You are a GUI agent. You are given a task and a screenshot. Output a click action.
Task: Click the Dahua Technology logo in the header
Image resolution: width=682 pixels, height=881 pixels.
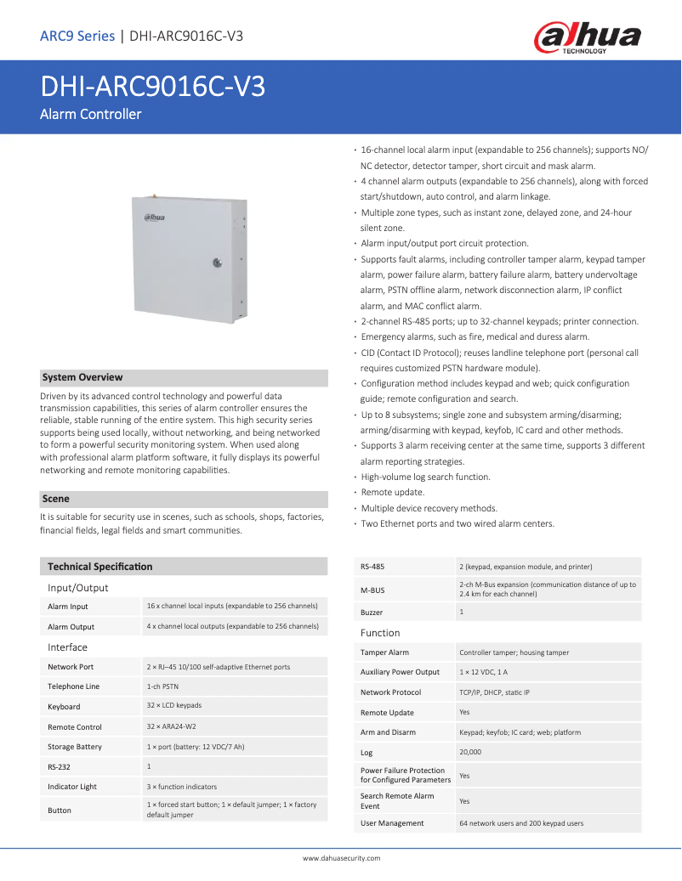coord(586,37)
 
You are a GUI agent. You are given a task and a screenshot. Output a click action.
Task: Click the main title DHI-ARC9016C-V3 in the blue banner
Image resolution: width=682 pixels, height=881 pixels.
coord(153,87)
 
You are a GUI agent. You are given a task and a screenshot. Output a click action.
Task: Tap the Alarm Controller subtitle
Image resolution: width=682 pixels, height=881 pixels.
coord(91,114)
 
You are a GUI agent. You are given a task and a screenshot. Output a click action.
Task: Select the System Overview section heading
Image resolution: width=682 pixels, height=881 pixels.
coord(82,377)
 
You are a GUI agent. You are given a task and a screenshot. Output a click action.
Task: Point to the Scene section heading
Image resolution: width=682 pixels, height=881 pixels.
coord(56,499)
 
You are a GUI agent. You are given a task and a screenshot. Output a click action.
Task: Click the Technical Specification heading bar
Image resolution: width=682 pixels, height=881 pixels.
coord(100,566)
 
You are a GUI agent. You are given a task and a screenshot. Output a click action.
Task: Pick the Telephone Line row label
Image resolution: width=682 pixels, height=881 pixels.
coord(74,686)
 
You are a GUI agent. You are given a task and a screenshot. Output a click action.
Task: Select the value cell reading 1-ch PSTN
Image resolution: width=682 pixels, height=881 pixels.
coord(162,686)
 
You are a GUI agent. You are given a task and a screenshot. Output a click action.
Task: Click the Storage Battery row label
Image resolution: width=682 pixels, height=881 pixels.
coord(75,747)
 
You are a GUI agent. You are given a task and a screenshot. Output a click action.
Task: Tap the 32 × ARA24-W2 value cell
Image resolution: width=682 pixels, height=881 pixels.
coord(172,726)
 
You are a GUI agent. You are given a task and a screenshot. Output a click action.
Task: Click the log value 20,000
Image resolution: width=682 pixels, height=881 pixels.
coord(470,752)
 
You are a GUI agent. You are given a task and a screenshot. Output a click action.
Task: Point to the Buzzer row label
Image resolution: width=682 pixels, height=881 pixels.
coord(372,612)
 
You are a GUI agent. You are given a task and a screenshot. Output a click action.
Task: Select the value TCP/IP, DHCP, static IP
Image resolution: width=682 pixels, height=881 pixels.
coord(494,692)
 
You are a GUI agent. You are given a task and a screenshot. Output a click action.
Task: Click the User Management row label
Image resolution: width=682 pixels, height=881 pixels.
coord(392,823)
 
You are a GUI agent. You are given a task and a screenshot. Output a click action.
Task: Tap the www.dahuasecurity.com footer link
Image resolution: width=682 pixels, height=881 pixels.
coord(341,858)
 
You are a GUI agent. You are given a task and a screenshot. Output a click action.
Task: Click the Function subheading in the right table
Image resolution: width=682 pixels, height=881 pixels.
coord(380,633)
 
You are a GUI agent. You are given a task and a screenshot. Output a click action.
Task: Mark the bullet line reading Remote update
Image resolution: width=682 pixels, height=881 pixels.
coord(393,493)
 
